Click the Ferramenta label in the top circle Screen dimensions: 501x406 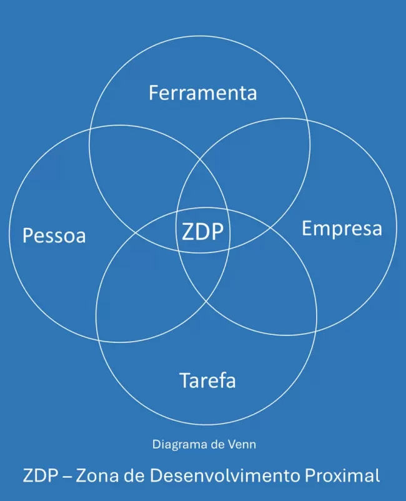click(202, 93)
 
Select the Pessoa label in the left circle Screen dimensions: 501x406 click(54, 236)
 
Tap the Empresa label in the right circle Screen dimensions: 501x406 click(342, 229)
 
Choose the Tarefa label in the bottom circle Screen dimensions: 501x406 click(207, 380)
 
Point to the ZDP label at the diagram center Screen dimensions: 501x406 click(202, 232)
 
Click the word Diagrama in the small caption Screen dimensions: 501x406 click(176, 445)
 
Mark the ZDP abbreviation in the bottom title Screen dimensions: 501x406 click(39, 475)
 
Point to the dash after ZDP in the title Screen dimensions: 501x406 click(65, 476)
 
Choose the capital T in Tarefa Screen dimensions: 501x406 click(186, 380)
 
